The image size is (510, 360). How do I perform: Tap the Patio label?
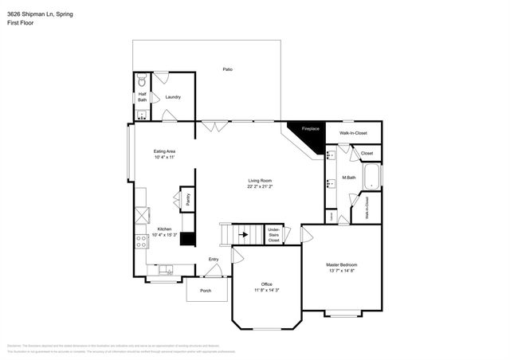[x=228, y=70]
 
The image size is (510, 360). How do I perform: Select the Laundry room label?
[x=173, y=98]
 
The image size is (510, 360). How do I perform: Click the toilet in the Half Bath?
[x=142, y=81]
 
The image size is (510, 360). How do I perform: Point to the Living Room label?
[x=261, y=183]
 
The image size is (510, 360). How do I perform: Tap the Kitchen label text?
[x=164, y=231]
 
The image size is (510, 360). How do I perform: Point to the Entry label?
[x=214, y=260]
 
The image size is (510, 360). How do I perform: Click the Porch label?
[x=206, y=291]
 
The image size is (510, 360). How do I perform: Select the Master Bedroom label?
[x=341, y=267]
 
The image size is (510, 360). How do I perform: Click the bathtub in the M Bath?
[x=372, y=177]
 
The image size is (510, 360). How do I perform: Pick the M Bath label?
[x=348, y=177]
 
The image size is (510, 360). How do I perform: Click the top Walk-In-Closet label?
[x=353, y=133]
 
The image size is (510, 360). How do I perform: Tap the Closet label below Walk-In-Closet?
[x=367, y=153]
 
